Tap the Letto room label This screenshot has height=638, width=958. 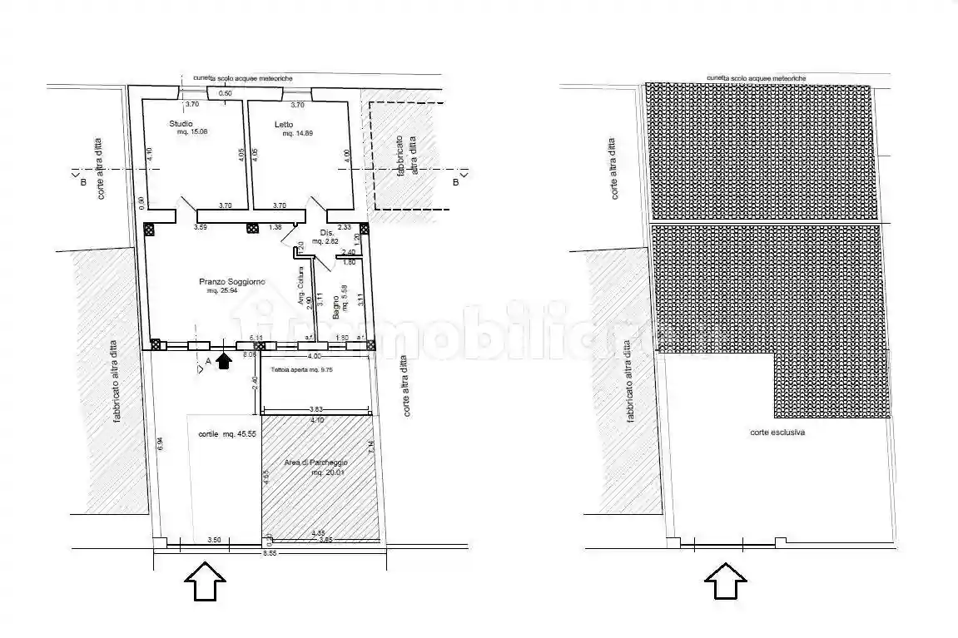click(285, 125)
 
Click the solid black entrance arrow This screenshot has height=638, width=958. click(223, 359)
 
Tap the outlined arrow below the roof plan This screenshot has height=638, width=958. click(726, 580)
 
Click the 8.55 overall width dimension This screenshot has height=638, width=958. click(269, 553)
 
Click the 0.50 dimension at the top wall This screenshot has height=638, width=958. click(225, 93)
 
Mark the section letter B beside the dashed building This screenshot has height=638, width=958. click(455, 182)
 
